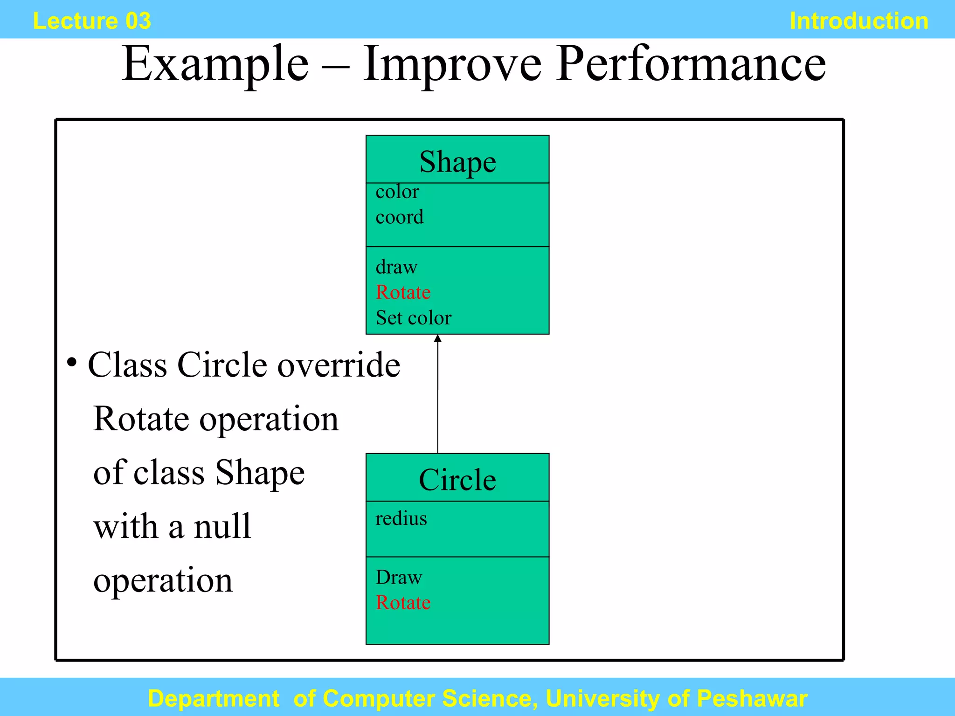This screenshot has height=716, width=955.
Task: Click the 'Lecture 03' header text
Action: tap(92, 21)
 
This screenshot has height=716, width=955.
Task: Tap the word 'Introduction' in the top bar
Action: tap(859, 21)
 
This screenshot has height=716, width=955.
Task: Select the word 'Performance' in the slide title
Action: tap(691, 64)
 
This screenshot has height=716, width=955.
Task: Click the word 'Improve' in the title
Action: tap(452, 64)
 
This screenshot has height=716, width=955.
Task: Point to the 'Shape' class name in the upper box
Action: tap(457, 162)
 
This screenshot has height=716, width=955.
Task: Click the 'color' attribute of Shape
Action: tap(397, 192)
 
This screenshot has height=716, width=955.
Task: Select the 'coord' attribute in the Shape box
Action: tap(400, 217)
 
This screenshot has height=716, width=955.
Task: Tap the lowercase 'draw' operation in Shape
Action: tap(396, 267)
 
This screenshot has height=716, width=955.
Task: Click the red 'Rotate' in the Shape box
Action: tap(403, 292)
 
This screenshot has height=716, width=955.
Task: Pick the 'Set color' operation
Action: tap(414, 318)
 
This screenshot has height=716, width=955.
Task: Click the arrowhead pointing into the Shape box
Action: tap(437, 339)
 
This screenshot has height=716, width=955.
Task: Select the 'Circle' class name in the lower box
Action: tap(457, 480)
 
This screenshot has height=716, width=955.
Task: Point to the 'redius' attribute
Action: tap(401, 518)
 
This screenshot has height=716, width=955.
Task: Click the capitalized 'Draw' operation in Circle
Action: tap(399, 578)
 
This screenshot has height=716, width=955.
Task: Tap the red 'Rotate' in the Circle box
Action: tap(403, 603)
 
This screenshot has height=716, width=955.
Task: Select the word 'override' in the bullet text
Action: tap(339, 365)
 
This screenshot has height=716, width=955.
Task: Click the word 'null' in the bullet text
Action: tap(222, 527)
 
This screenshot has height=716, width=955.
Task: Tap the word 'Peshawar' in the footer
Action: tap(752, 699)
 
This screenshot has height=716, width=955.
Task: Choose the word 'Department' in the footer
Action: tap(214, 699)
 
